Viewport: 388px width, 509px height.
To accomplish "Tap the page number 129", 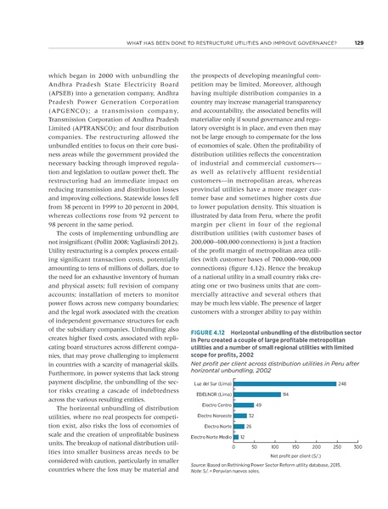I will [359, 43].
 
